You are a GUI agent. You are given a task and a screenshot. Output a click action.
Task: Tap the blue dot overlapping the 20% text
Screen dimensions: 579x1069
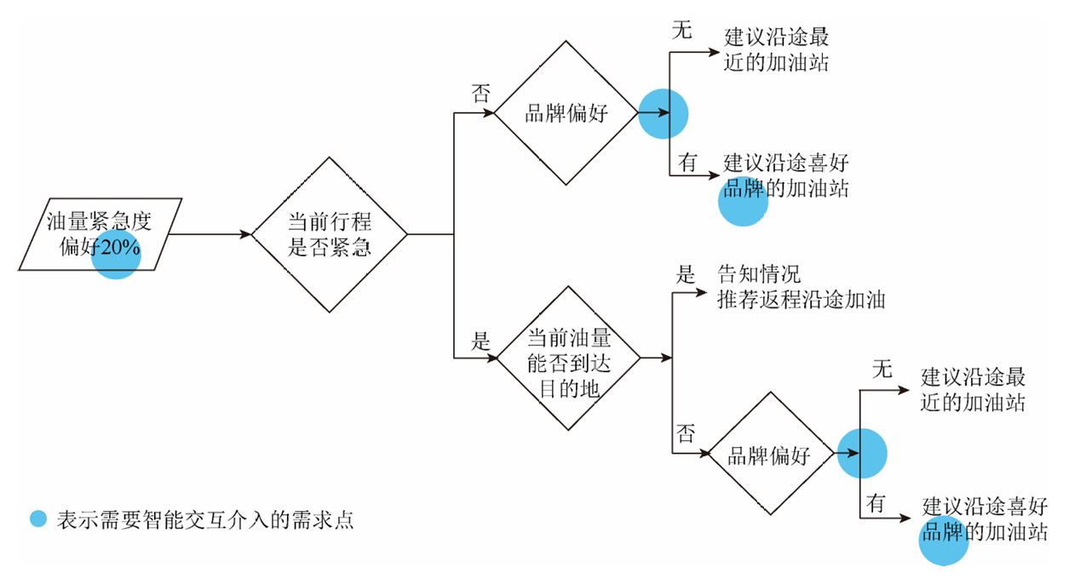(116, 255)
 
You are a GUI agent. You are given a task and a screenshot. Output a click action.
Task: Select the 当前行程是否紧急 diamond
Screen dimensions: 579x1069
(330, 234)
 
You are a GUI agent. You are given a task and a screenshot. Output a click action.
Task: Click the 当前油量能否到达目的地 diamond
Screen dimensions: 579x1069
(568, 358)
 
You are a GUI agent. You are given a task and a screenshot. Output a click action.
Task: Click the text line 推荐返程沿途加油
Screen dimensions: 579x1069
(801, 300)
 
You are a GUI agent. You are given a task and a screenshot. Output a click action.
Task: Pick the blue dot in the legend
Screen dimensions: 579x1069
(37, 519)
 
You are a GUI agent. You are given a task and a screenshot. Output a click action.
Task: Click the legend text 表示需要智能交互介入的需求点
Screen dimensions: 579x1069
(204, 519)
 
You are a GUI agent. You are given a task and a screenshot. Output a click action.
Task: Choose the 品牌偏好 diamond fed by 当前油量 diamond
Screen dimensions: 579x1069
(769, 454)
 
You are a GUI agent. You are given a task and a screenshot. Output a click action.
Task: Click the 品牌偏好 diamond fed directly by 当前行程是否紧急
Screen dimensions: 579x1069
(566, 112)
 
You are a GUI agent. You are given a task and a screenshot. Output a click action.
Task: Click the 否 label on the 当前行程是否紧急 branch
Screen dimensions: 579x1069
(481, 94)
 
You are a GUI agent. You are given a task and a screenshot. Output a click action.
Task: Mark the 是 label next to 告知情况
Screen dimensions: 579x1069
(686, 274)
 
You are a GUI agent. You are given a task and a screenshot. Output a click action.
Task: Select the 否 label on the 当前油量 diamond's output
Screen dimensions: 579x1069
(686, 433)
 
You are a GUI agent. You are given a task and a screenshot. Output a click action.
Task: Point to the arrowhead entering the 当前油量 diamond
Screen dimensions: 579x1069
(491, 358)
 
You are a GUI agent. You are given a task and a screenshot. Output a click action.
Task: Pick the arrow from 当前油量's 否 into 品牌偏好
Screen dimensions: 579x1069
(692, 454)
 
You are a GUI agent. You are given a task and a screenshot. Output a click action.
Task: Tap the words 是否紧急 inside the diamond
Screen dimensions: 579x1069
(330, 248)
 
